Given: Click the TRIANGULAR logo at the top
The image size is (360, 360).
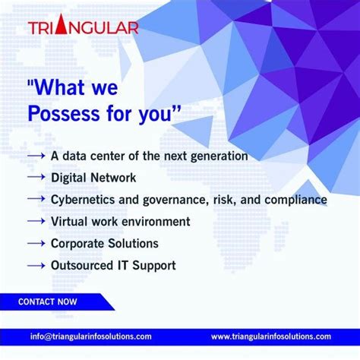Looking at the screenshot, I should point(84,28).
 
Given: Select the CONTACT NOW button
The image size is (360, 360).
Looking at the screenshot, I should point(47,302).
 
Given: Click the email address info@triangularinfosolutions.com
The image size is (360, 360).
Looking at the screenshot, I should point(91,336).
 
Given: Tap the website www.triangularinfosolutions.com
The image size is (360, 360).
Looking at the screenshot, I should point(271,336).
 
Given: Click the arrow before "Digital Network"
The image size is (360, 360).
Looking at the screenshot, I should point(37,177).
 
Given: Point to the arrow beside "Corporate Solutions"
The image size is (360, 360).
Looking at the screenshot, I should point(37,243).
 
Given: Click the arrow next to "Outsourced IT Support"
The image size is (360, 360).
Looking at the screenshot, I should point(37,266).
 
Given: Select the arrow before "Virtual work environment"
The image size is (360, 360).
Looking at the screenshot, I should point(37,221).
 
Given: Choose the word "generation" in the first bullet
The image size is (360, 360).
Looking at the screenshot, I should point(219,155).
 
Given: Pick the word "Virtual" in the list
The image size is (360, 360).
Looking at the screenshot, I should point(68,221).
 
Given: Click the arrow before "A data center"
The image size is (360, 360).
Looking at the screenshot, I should point(37,155).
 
